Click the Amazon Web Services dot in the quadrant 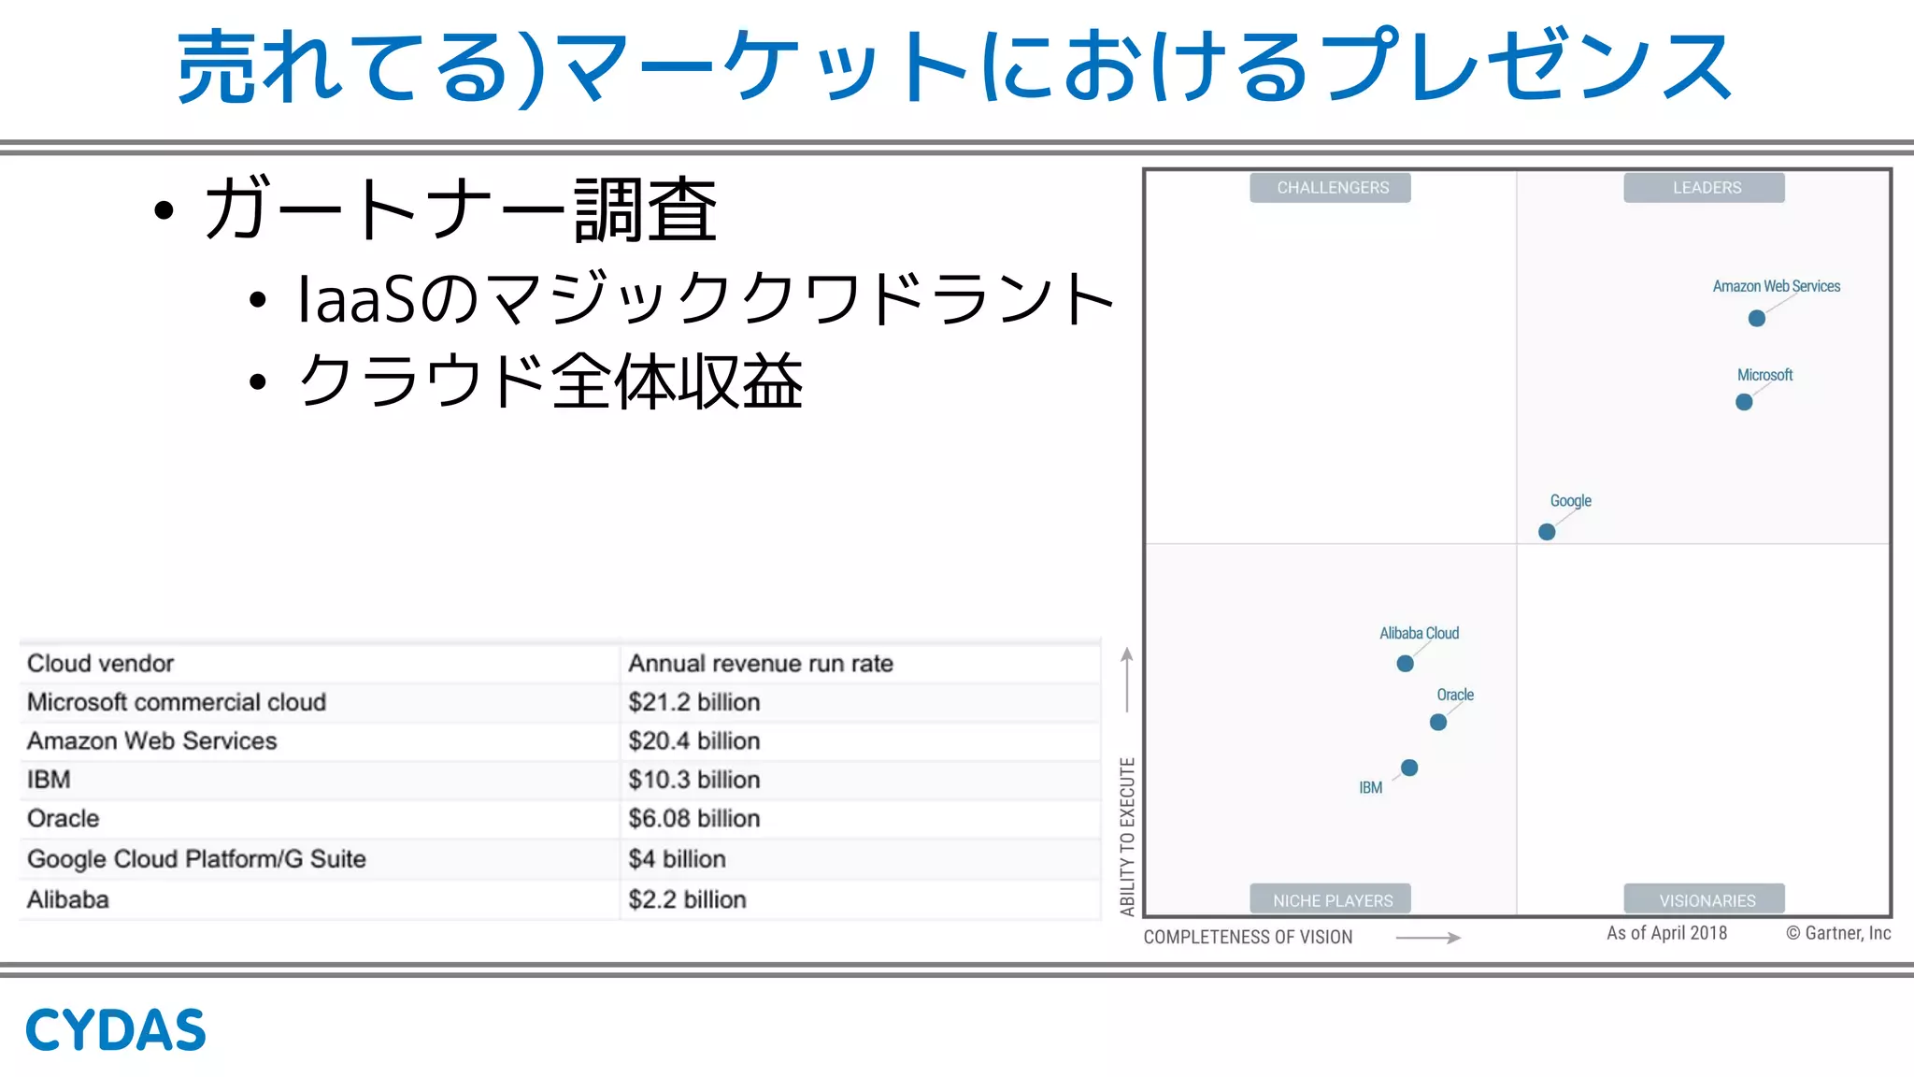pos(1757,319)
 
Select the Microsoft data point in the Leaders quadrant pos(1744,402)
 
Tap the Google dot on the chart pos(1547,532)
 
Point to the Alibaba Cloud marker pos(1405,664)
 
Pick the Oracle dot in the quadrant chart pos(1438,722)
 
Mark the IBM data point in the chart pos(1409,768)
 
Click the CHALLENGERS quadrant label pos(1332,188)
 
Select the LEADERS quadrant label pos(1706,188)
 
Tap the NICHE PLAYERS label pos(1332,900)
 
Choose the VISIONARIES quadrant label pos(1706,900)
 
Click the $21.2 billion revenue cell pos(693,702)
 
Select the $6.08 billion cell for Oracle pos(693,819)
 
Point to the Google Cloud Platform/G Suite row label pos(196,859)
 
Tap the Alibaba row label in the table pos(68,899)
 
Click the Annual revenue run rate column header pos(761,664)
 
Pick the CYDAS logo pos(115,1030)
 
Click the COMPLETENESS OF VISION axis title pos(1248,937)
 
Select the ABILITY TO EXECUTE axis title pos(1128,836)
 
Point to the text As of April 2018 pos(1666,933)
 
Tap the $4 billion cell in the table pos(677,859)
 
